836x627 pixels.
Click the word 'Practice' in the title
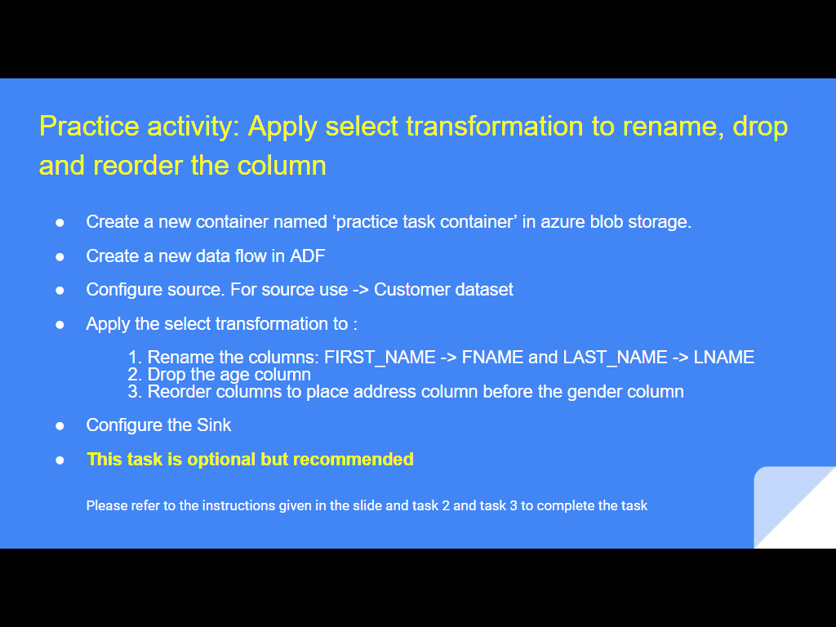click(x=89, y=127)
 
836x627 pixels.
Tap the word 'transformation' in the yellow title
click(x=495, y=127)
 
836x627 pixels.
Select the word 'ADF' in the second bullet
click(x=308, y=256)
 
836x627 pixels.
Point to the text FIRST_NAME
click(x=380, y=358)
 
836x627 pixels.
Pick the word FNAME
click(x=492, y=358)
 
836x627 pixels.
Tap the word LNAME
click(x=724, y=358)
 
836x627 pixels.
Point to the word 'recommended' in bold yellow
click(x=353, y=460)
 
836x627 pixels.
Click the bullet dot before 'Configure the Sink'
click(x=60, y=425)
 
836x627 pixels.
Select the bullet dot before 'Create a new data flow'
click(x=60, y=257)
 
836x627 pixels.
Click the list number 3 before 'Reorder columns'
click(x=135, y=392)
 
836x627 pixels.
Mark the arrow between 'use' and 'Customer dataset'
click(x=360, y=290)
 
